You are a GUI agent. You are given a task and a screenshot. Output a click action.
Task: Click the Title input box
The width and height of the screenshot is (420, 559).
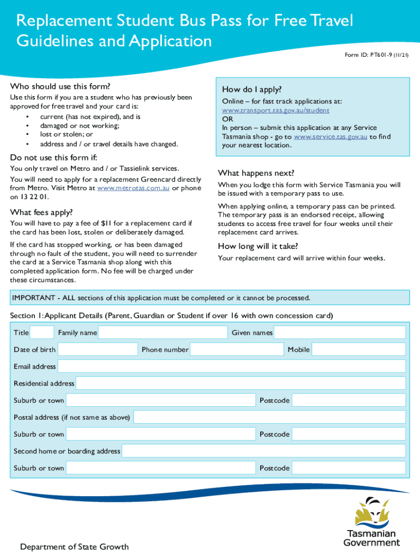(42, 332)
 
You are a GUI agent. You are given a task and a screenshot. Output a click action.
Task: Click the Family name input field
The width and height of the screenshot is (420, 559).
(163, 332)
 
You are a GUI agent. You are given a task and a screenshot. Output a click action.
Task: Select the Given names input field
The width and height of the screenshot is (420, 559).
(339, 332)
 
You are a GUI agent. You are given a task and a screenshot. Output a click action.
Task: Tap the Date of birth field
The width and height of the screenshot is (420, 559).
(98, 349)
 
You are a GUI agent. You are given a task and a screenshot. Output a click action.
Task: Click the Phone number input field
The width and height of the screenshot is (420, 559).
(237, 349)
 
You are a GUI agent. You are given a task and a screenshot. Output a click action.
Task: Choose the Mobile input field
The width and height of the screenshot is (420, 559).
(358, 349)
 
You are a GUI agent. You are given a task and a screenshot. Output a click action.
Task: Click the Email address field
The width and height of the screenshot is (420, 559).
(231, 366)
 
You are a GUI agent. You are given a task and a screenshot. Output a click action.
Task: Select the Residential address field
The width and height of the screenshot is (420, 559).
(241, 383)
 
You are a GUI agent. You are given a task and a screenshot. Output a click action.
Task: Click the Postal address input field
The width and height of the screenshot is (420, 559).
(269, 418)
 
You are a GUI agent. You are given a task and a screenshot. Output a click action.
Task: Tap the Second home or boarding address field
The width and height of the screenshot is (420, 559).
(263, 451)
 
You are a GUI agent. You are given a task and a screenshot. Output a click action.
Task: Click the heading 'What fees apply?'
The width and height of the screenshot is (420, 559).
(41, 212)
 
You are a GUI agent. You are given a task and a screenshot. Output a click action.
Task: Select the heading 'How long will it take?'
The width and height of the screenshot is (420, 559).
(258, 246)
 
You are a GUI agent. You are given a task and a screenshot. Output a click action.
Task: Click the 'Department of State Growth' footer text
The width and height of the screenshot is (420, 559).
(74, 546)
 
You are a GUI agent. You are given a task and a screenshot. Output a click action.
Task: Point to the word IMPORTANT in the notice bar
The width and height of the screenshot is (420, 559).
(32, 298)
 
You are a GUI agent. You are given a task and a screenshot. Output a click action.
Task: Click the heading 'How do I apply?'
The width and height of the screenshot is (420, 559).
(251, 90)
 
